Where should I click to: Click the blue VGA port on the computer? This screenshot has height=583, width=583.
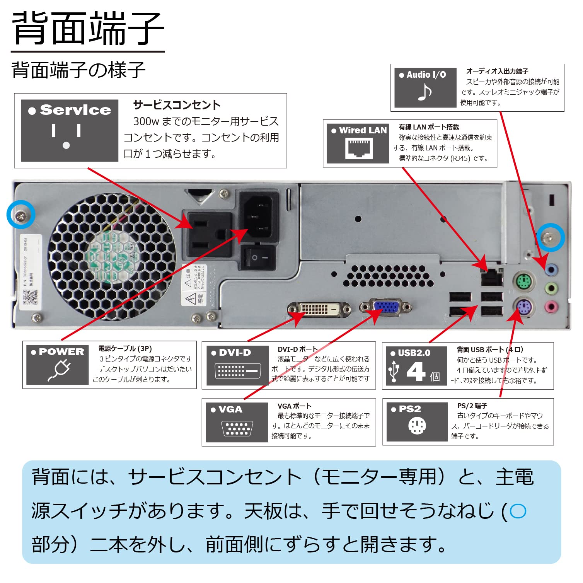tap(386, 307)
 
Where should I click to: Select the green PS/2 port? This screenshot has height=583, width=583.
tap(523, 281)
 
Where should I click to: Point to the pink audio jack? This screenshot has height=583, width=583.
tap(551, 307)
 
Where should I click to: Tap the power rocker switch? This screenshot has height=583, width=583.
tap(258, 257)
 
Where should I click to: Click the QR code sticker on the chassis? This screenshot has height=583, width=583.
tap(29, 297)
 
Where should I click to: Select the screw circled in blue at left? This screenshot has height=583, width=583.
tap(21, 215)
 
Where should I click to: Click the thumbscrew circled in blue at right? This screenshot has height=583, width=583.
tap(551, 237)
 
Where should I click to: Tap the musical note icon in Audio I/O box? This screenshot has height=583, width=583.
tap(425, 92)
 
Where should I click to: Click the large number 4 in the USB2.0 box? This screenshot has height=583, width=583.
tap(416, 371)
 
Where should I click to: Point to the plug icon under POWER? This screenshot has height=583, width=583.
tap(59, 370)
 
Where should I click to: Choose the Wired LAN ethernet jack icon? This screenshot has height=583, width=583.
tap(359, 148)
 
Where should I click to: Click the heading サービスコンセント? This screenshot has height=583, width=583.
tap(177, 105)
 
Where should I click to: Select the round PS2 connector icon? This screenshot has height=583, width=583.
tap(417, 426)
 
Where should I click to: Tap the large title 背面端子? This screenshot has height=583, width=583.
tap(88, 28)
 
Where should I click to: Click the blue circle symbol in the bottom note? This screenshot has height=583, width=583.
tap(518, 511)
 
